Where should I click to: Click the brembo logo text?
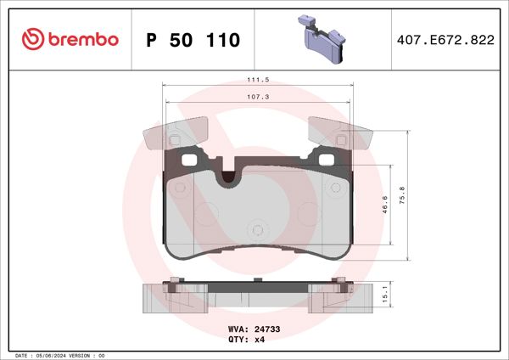point(82,40)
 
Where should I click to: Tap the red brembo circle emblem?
point(31,40)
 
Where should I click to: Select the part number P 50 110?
point(193,40)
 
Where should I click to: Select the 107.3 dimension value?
point(258,97)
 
